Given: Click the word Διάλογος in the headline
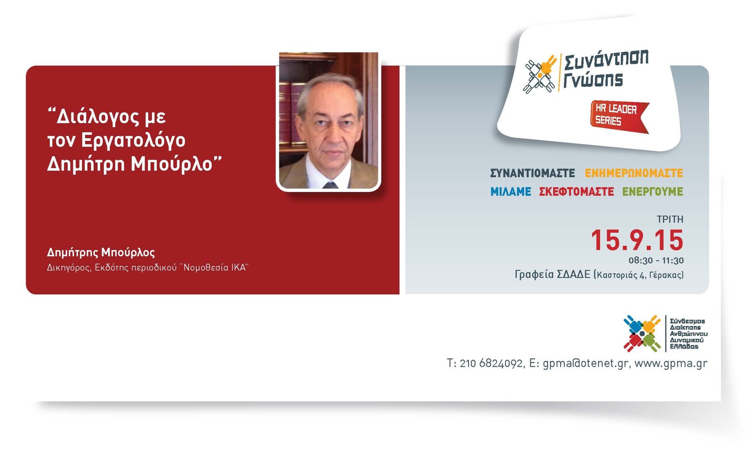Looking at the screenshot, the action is pos(111,117).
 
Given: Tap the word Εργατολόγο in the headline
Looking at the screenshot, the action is pos(133,141).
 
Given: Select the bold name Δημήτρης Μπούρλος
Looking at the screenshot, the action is pos(101,252).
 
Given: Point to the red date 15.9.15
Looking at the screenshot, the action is pos(637,241).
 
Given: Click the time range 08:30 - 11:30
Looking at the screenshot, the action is pos(656,260).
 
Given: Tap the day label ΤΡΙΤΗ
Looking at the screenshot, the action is pos(670,219).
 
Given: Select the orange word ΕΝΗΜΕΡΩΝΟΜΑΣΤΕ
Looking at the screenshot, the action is pos(634,173).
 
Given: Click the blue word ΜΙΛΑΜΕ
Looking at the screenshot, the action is pos(511,192).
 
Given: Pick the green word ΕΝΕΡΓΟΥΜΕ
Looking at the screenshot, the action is pos(653,192).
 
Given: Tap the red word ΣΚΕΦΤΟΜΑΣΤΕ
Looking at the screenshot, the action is pos(576,192).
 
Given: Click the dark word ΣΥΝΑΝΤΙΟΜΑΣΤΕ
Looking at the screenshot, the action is pos(533,173).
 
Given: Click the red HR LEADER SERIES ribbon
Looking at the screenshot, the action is pos(619,116).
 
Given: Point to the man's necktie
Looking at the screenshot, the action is pos(330,185).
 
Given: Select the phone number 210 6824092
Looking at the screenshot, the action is pos(491,363).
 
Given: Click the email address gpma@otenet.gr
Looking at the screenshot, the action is pos(585,364).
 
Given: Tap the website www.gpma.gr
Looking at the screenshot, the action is pos(671,364).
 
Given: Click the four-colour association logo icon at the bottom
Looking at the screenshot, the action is pos(642,334).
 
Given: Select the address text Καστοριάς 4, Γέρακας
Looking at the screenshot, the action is pos(640,275).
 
